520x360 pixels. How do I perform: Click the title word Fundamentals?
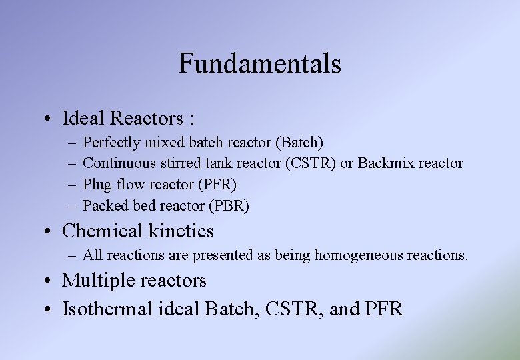[259, 64]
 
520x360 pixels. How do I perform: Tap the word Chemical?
[104, 231]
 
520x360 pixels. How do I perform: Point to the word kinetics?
[182, 231]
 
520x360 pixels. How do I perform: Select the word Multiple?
[99, 281]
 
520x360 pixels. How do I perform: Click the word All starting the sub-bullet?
[93, 255]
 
